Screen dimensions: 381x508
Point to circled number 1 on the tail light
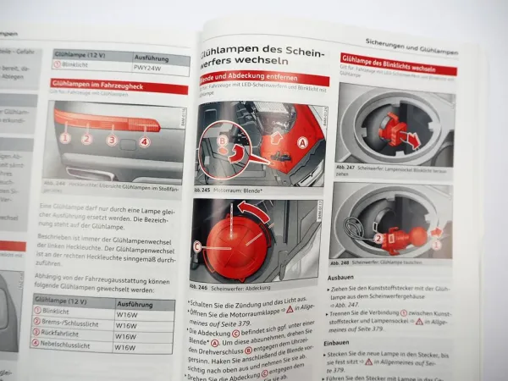[x=64, y=136]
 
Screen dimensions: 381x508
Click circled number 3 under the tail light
[x=111, y=139]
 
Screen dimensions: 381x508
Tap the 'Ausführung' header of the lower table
[x=136, y=303]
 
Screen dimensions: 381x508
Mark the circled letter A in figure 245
[x=301, y=144]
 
